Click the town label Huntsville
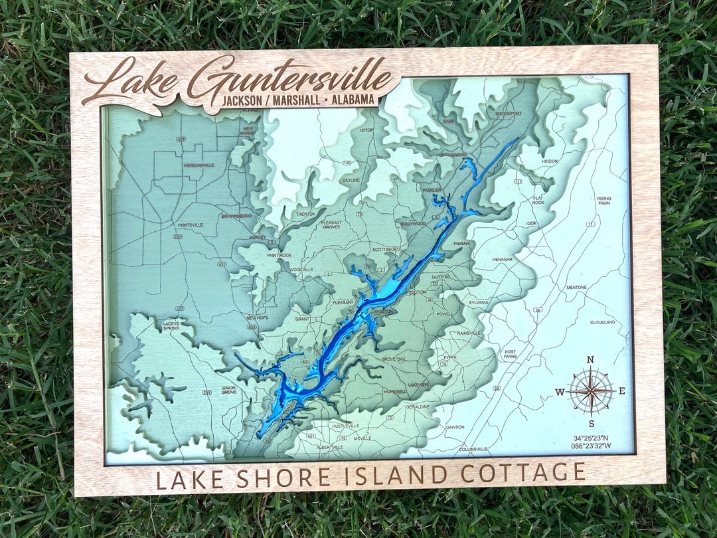point(190,224)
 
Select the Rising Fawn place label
point(603,201)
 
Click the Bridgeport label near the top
point(508,114)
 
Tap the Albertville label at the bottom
point(329,447)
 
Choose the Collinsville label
point(473,449)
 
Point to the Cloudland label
point(602,322)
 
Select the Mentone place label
point(576,287)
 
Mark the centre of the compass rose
point(590,391)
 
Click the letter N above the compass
point(590,361)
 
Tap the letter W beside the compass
point(560,392)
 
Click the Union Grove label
point(229,390)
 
